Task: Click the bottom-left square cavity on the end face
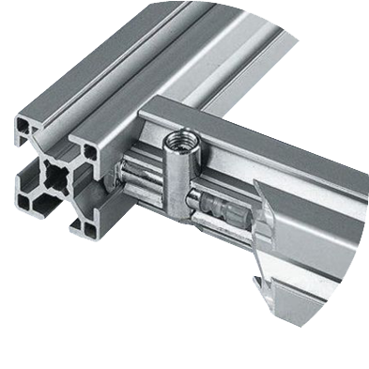[25, 198]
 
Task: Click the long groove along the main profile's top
[141, 75]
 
